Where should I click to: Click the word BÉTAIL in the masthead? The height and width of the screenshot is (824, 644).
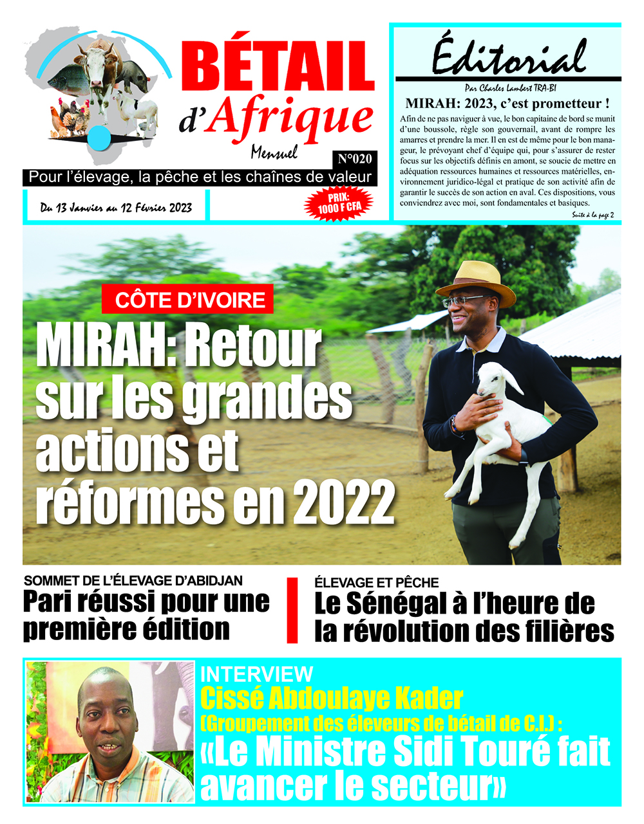pos(278,67)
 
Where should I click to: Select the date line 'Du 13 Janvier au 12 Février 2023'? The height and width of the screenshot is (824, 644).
pos(116,208)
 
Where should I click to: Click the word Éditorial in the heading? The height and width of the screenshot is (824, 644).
pos(509,56)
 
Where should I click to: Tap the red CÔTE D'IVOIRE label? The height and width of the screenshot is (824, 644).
pos(190,300)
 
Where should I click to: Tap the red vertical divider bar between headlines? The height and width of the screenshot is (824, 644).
pos(292,610)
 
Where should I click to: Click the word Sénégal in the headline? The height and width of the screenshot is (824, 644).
pos(397,603)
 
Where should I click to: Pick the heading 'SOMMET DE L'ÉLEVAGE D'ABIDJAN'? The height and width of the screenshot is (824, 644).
pos(133,581)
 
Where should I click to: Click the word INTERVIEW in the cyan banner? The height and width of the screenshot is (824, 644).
pos(256,674)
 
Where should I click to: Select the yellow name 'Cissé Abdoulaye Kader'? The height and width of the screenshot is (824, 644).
pos(332,698)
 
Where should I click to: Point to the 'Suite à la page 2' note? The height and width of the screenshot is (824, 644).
pos(592,215)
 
